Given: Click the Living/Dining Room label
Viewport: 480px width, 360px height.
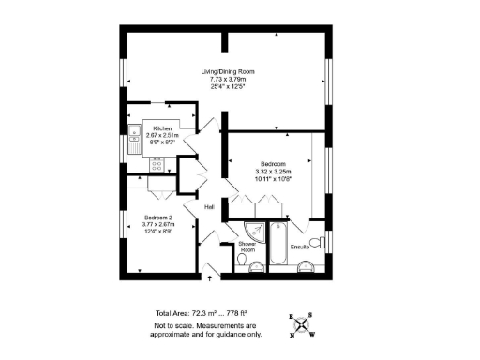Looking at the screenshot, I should point(229,72).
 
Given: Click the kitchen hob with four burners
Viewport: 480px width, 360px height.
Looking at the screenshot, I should point(157,164).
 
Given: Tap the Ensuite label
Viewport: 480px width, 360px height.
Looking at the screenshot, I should point(300,247).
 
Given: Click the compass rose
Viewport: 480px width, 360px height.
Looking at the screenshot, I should point(302,324).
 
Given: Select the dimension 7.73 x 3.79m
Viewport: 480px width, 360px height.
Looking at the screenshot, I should point(229,79).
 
